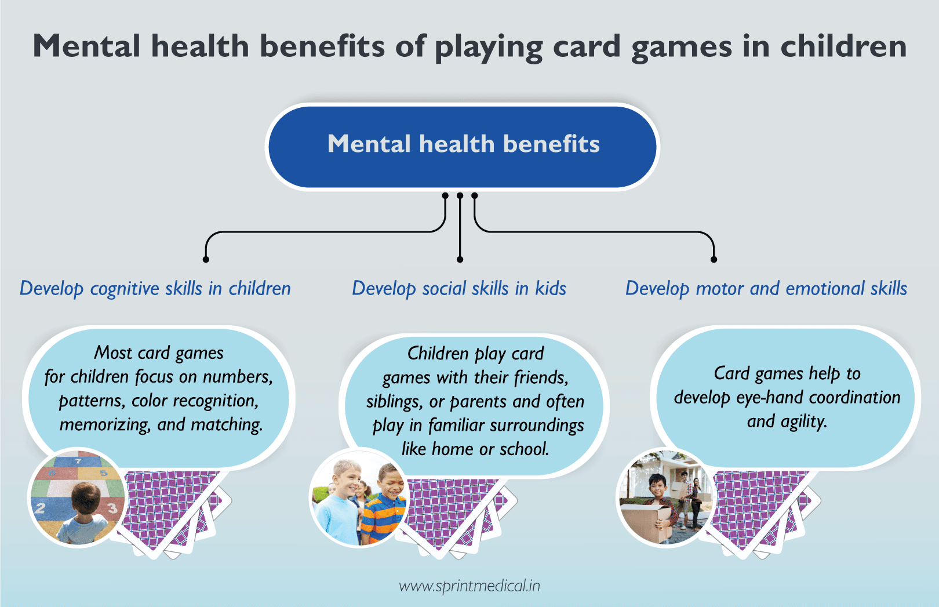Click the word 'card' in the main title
[587, 46]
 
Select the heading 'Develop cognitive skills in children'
[155, 288]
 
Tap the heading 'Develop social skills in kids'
[459, 288]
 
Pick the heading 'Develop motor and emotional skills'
[766, 288]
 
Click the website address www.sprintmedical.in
[469, 586]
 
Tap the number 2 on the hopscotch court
[41, 508]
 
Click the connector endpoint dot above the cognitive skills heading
[206, 259]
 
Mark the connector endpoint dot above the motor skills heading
[714, 259]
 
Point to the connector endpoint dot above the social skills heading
[460, 259]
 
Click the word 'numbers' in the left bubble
[237, 377]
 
